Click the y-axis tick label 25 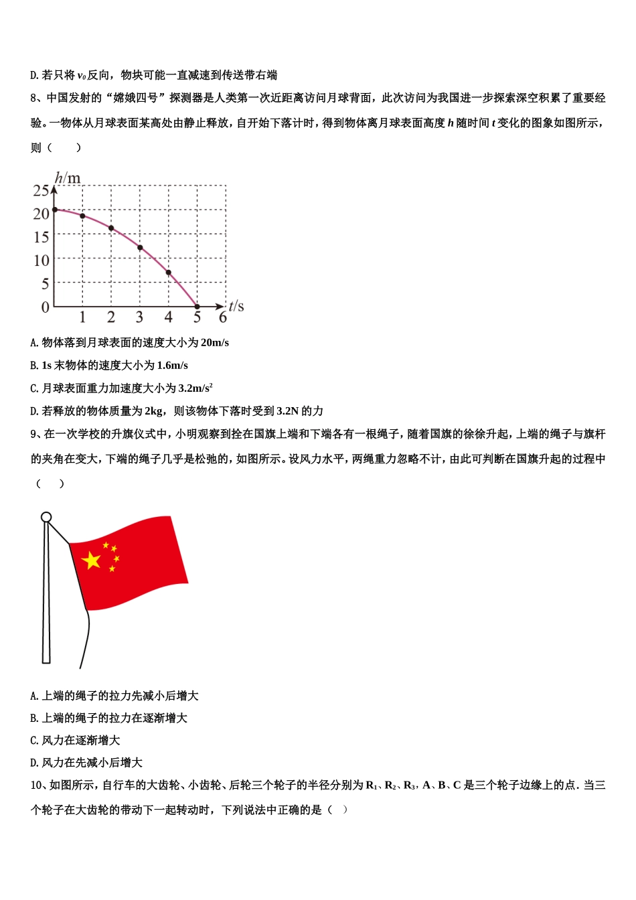(x=41, y=191)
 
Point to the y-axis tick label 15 (x=41, y=237)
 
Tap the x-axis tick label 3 (x=139, y=317)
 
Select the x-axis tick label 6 (x=223, y=317)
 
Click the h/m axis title (x=68, y=177)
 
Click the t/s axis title (x=236, y=306)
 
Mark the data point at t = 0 (x=55, y=210)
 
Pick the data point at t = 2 (x=111, y=228)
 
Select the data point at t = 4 (x=169, y=273)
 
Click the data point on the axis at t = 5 (x=197, y=307)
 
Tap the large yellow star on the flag (x=91, y=560)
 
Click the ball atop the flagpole (x=46, y=517)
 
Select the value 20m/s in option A (x=214, y=343)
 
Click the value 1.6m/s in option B (x=172, y=366)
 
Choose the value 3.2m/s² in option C (x=195, y=388)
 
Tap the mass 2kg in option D (x=154, y=411)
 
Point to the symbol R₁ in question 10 (x=372, y=785)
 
